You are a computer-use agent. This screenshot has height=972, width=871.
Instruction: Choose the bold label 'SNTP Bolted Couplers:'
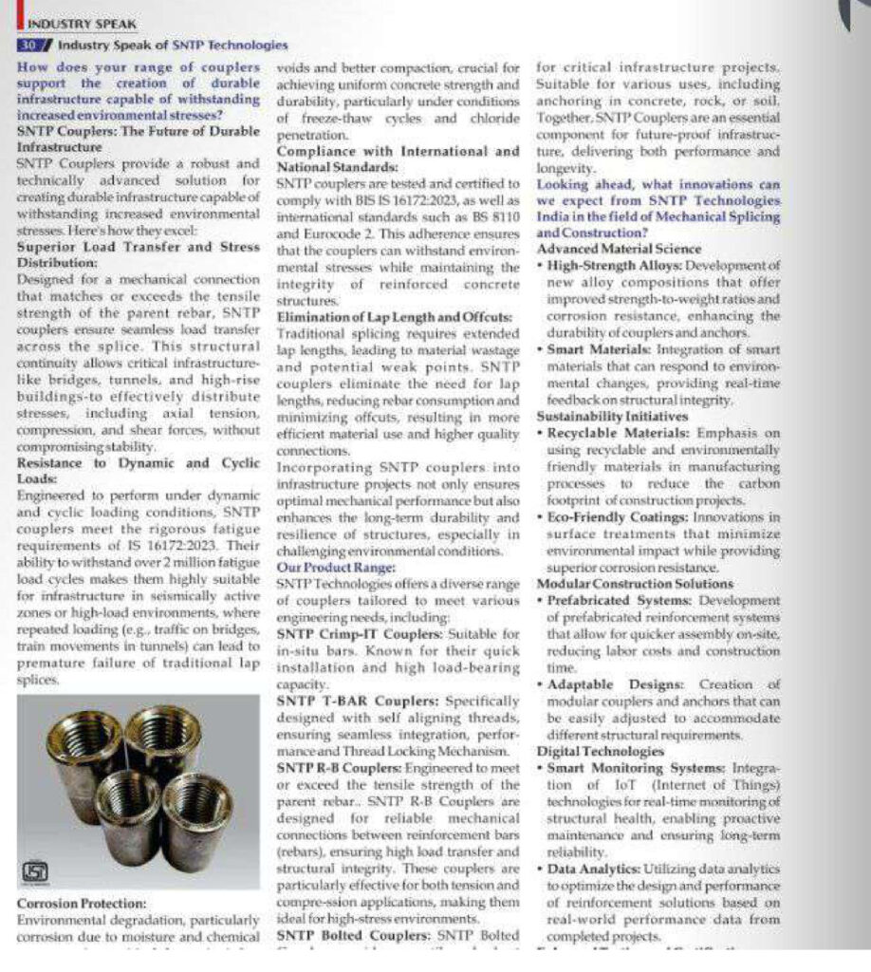click(346, 934)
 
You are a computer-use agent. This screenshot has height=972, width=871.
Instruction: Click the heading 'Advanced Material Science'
click(607, 248)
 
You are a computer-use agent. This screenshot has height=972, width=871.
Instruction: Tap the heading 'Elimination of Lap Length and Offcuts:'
click(394, 316)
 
